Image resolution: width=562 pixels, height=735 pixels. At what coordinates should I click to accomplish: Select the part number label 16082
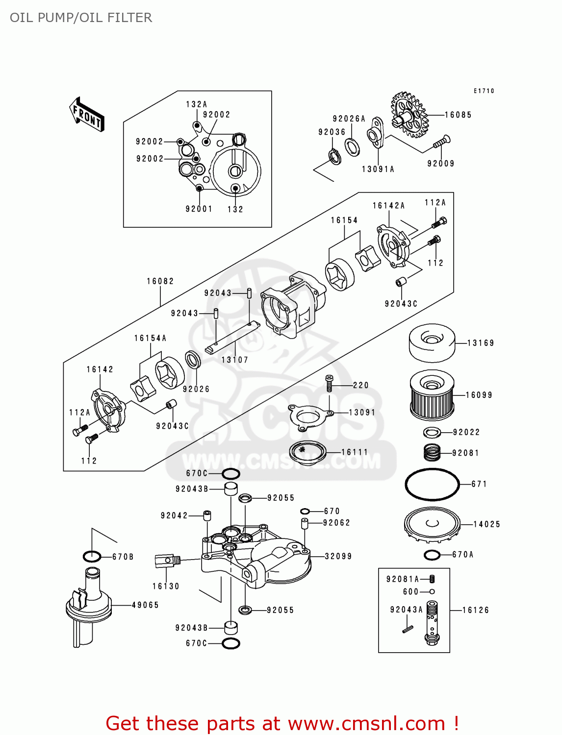(160, 281)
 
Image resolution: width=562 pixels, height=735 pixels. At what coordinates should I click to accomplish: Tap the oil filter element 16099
(432, 395)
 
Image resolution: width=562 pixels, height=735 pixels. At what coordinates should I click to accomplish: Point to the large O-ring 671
(432, 484)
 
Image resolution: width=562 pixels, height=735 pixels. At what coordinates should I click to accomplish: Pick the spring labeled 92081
(432, 452)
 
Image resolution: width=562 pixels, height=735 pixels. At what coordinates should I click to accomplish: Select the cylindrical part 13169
(432, 343)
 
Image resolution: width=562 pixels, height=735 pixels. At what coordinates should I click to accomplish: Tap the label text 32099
(338, 556)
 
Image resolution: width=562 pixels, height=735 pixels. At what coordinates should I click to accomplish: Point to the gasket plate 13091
(309, 417)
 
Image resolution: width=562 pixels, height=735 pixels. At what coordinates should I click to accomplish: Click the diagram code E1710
(484, 91)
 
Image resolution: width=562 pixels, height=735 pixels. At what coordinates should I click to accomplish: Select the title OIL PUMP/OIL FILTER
(81, 18)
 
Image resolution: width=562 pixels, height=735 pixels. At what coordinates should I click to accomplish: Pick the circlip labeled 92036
(335, 157)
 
